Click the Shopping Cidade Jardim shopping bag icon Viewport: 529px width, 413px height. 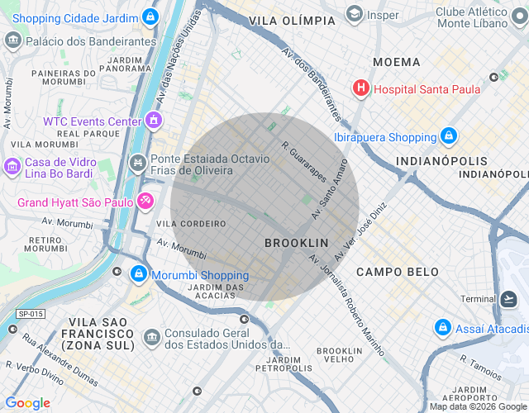point(150,16)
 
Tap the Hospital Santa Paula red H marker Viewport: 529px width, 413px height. point(361,88)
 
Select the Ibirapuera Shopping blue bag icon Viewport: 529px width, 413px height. point(448,135)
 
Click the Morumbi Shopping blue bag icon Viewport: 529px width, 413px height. point(139,274)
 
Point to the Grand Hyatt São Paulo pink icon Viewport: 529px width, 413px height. point(145,201)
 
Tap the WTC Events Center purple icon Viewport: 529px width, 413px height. point(153,121)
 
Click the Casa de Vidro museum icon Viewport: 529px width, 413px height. point(12,168)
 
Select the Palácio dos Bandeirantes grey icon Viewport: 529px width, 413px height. point(12,40)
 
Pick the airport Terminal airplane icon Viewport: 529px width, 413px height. point(508,299)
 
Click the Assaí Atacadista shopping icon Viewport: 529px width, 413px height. point(443,328)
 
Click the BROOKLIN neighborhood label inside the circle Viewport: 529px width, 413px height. point(296,243)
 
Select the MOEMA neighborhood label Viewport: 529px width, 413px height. point(396,62)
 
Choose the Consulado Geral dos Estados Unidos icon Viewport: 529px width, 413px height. point(151,337)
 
